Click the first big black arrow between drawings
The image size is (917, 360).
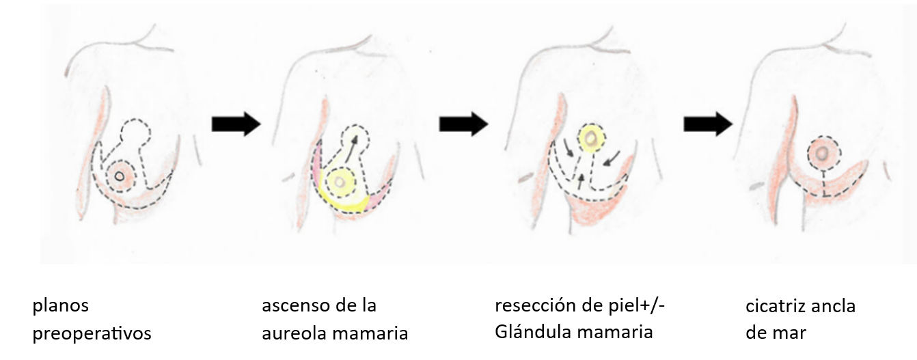coord(236,124)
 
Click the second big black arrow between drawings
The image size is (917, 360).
coord(464,124)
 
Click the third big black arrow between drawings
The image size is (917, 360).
coord(708,124)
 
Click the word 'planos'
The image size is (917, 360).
coord(61,306)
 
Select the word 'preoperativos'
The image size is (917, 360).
coord(92,333)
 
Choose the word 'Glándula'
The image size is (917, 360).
coord(529,332)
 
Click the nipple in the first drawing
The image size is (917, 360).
coord(119,176)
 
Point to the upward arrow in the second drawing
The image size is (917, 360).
coord(351,149)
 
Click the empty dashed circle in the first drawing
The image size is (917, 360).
coord(135,132)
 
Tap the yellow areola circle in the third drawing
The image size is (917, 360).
coord(591,138)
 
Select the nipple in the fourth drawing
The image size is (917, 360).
coord(821,154)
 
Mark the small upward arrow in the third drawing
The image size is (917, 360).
coord(580,181)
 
